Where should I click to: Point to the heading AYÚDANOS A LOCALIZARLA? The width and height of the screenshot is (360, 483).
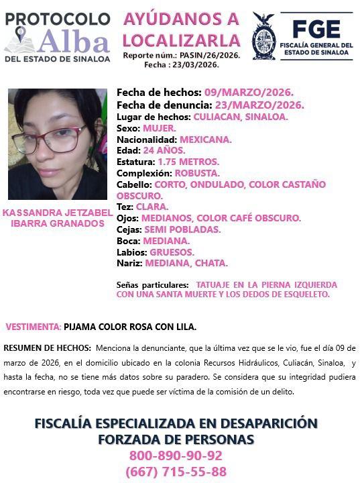(181, 29)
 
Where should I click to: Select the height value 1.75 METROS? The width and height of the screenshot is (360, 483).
(188, 162)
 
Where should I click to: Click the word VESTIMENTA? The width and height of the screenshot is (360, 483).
(33, 327)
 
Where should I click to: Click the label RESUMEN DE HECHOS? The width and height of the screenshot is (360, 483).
(48, 348)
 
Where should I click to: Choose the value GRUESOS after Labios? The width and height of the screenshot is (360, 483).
(172, 252)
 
